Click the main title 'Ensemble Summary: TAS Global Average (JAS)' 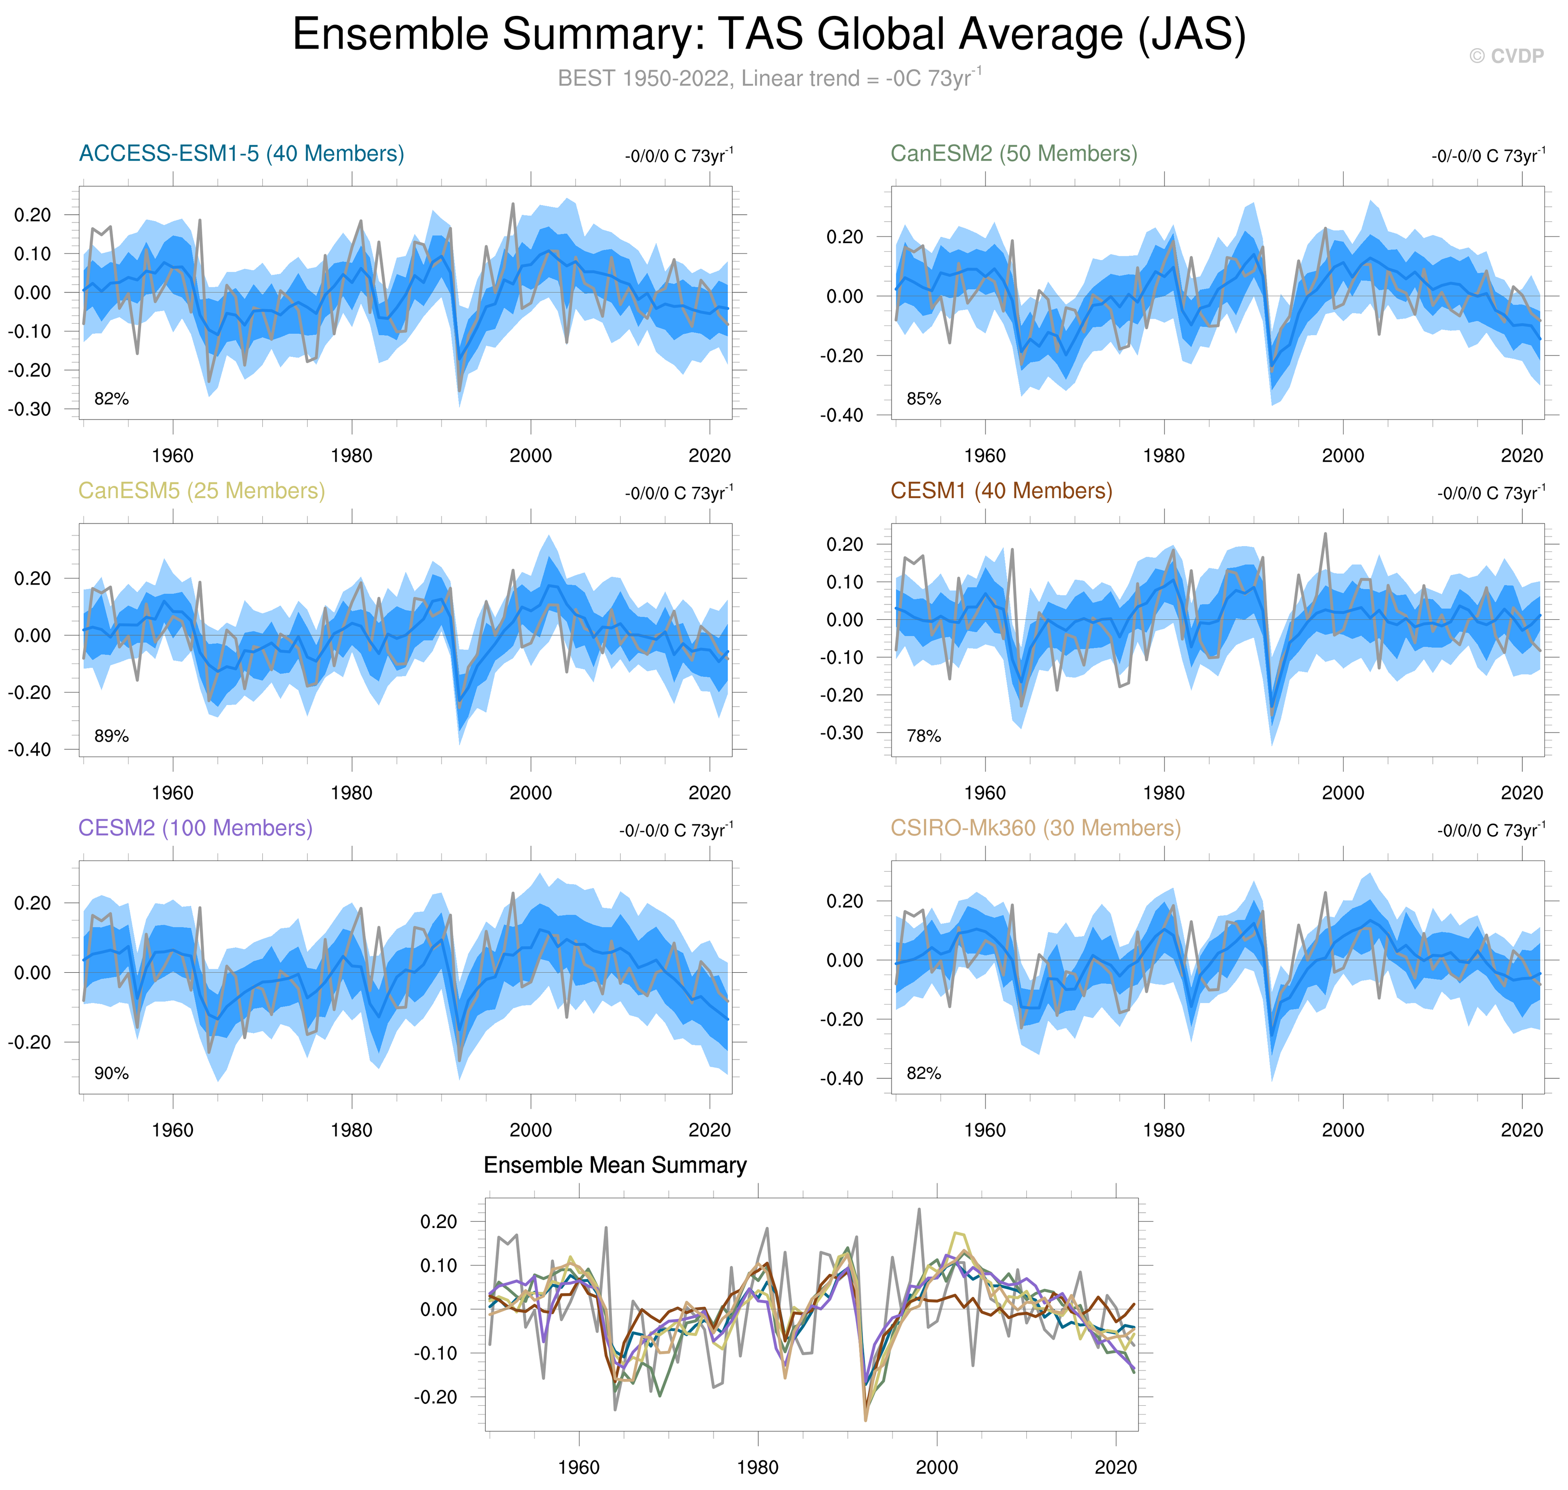[768, 35]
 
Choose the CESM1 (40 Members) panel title [1001, 491]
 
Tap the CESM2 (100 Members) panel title [195, 828]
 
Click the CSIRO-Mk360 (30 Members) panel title [1035, 828]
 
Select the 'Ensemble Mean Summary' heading [614, 1165]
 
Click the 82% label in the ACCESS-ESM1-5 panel [111, 399]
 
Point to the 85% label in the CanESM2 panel [923, 399]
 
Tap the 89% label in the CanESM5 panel [111, 736]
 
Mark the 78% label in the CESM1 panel [923, 736]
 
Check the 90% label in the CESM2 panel [111, 1074]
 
